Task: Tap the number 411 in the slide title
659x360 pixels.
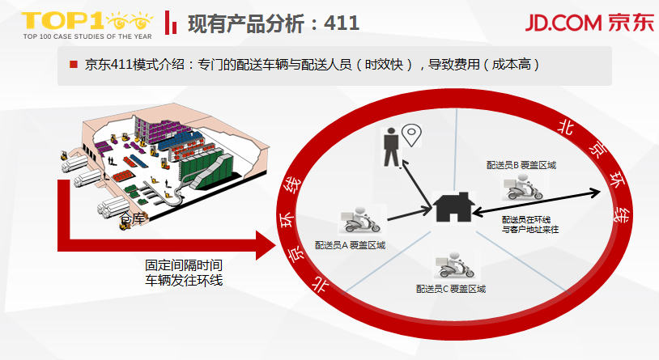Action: pos(341,22)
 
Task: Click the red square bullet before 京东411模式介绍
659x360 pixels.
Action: pos(73,64)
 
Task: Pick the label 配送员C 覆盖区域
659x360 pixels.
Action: pos(450,289)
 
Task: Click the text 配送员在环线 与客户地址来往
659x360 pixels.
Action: pos(530,225)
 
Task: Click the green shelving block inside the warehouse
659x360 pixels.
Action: pos(206,162)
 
